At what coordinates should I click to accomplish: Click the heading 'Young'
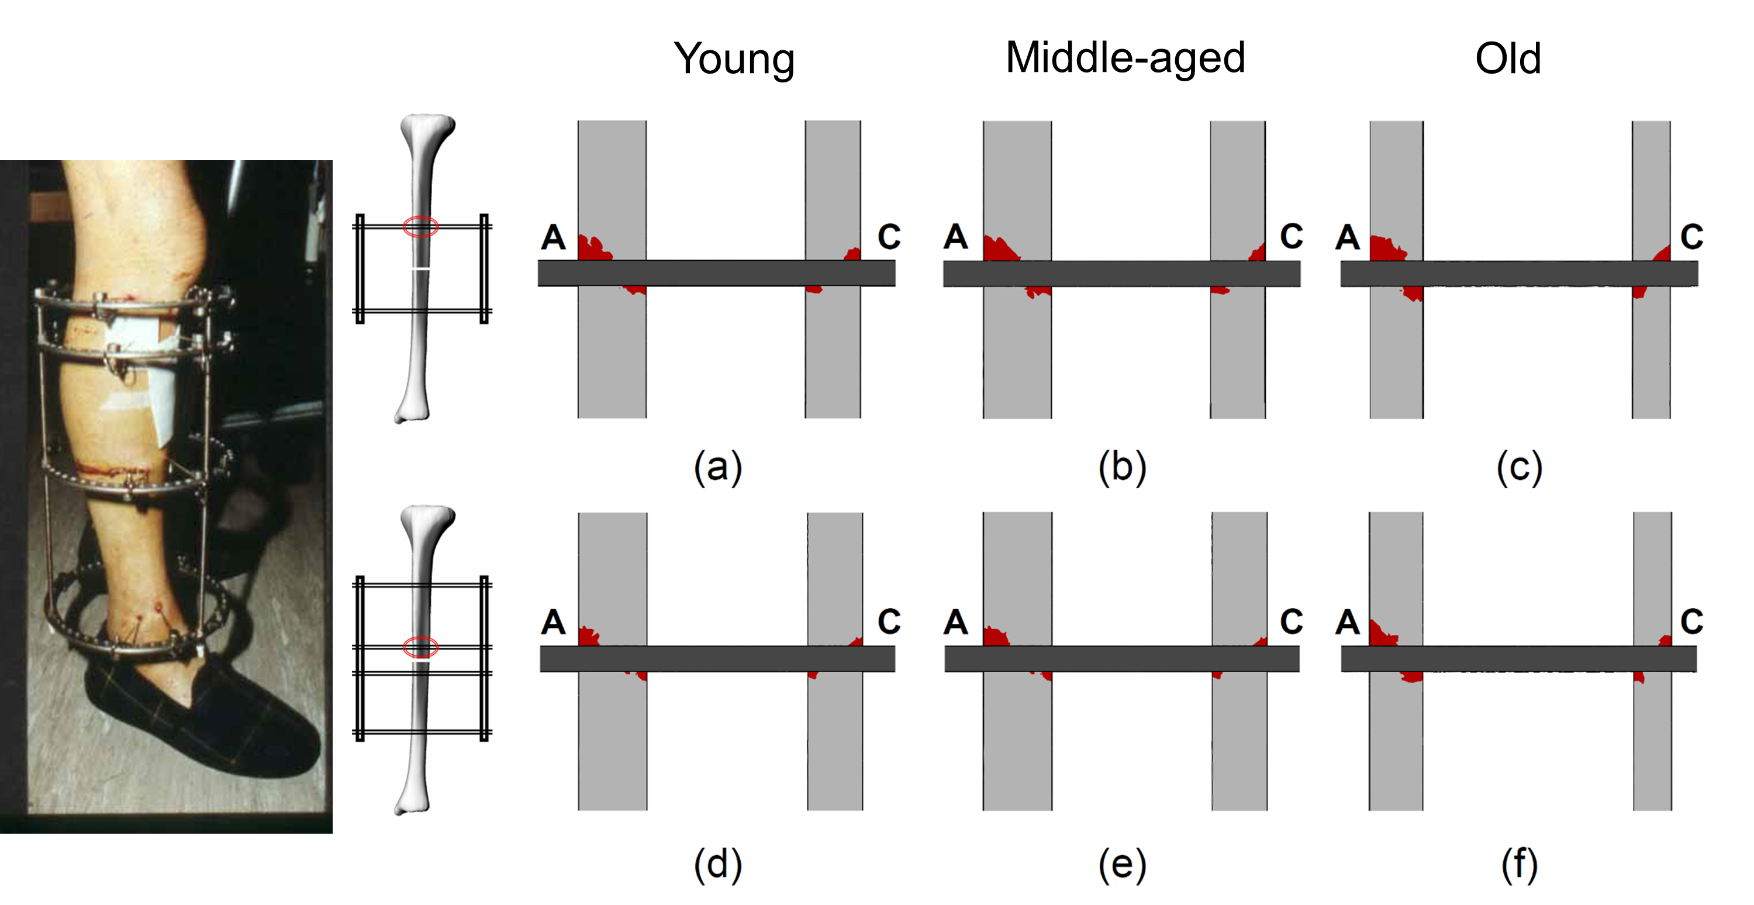coord(734,59)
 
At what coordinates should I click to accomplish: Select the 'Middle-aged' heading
coord(1125,58)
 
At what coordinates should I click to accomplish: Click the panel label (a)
coord(717,468)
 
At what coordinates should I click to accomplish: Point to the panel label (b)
coord(1122,468)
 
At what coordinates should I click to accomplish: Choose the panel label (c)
coord(1518,468)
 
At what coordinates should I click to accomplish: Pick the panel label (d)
coord(717,865)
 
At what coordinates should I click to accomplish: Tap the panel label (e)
coord(1122,865)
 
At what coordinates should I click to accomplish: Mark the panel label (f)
coord(1519,865)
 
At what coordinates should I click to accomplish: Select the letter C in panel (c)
coord(1692,237)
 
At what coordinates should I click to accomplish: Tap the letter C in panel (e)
coord(1292,621)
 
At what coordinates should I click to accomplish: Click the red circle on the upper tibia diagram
coord(420,227)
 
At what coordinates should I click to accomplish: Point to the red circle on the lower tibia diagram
coord(420,647)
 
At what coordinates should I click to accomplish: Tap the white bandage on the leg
coord(146,368)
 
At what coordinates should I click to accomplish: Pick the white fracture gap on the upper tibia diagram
coord(421,269)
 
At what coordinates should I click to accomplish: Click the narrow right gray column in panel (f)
coord(1652,742)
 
